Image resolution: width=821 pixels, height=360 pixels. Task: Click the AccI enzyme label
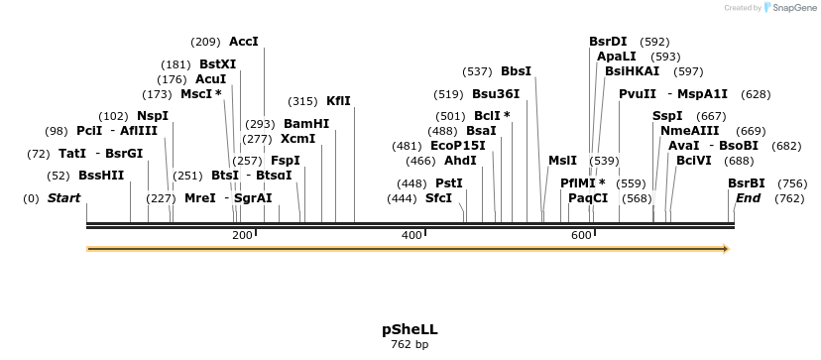tap(243, 42)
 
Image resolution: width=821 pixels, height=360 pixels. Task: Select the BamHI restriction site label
tap(306, 124)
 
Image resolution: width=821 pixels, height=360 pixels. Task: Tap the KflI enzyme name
tap(338, 101)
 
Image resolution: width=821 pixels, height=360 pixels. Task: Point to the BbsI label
tap(516, 71)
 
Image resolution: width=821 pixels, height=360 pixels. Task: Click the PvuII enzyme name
tap(638, 94)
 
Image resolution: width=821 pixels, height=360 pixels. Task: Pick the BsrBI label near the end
tap(747, 183)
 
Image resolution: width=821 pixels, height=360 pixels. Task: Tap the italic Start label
tap(63, 198)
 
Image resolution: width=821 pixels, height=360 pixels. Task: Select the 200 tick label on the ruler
tap(242, 235)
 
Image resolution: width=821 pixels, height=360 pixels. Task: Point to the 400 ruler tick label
tap(411, 235)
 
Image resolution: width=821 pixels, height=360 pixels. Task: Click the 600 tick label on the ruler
tap(581, 235)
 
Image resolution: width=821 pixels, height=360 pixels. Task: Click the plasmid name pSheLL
tap(410, 328)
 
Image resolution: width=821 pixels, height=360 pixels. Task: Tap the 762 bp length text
tap(410, 345)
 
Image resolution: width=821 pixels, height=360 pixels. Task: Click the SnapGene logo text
tap(791, 8)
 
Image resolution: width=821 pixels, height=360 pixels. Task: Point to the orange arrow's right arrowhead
tap(726, 249)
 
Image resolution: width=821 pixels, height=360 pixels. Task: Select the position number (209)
tap(205, 42)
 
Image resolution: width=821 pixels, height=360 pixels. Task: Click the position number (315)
tap(302, 101)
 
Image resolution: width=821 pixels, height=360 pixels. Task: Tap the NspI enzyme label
tap(153, 116)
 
